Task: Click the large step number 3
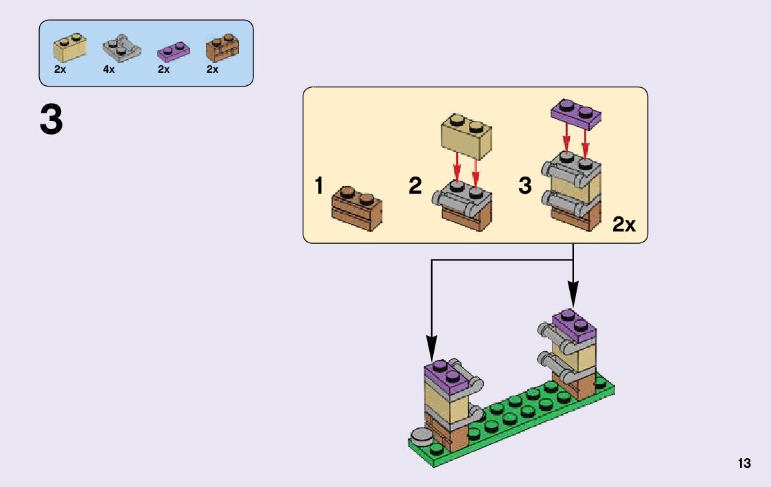(x=51, y=121)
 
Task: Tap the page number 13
(x=744, y=464)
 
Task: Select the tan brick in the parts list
(x=70, y=47)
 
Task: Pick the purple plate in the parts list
(x=172, y=50)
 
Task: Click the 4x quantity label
(x=109, y=70)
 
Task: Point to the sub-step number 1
(x=319, y=186)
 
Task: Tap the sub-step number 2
(x=415, y=186)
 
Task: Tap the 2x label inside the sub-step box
(x=624, y=225)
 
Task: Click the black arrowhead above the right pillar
(x=573, y=296)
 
